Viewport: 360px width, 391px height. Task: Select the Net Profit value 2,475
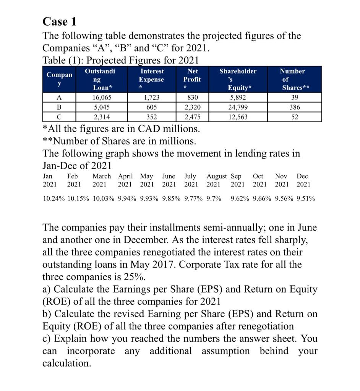pos(192,117)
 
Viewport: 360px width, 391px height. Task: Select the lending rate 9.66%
pos(263,199)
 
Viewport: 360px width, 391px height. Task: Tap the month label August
pos(216,176)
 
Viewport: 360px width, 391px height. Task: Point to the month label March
pos(102,176)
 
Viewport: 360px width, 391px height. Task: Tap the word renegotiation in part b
pos(261,326)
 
